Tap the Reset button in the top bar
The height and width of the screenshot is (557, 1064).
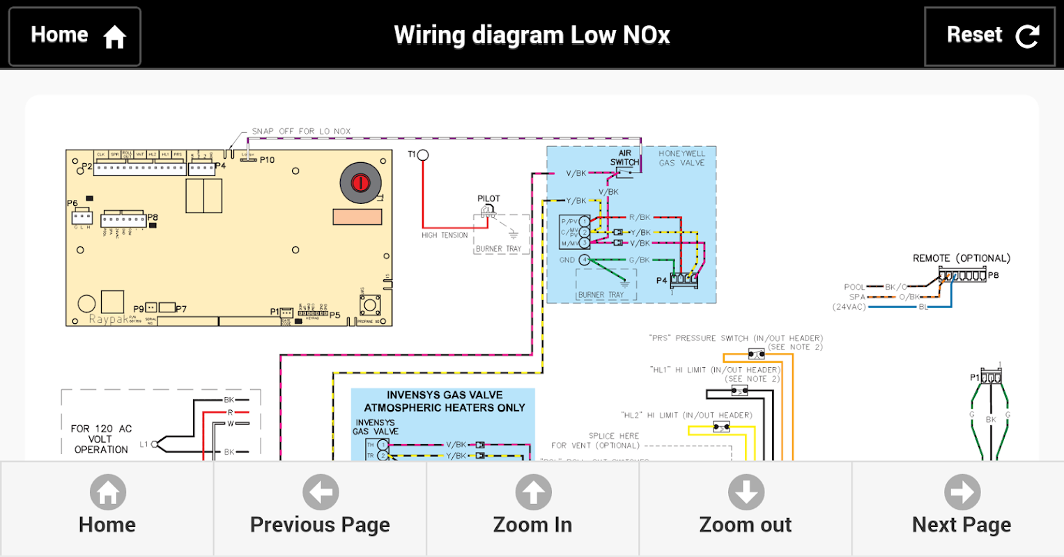point(989,36)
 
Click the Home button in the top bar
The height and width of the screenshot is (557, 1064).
point(75,36)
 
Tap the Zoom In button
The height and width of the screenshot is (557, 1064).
point(532,508)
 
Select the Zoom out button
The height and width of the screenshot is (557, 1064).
point(745,508)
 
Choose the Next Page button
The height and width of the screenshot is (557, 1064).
point(961,508)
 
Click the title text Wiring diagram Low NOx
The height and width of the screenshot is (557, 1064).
point(532,35)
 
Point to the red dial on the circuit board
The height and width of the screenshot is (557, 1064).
point(360,183)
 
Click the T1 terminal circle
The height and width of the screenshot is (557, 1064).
point(422,155)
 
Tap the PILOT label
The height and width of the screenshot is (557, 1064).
point(488,198)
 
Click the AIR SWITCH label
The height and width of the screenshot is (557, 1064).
point(624,157)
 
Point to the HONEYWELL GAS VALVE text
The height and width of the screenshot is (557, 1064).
point(681,158)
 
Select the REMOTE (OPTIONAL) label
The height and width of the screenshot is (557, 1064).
point(961,258)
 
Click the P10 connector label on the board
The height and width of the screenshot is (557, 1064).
point(267,160)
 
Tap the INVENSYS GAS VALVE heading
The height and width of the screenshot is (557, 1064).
point(444,401)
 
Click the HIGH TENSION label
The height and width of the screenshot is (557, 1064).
point(445,235)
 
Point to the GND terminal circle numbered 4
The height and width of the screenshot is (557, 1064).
point(584,260)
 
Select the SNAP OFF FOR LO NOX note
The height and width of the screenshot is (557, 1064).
point(301,131)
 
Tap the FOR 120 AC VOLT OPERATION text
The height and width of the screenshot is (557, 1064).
point(101,439)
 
